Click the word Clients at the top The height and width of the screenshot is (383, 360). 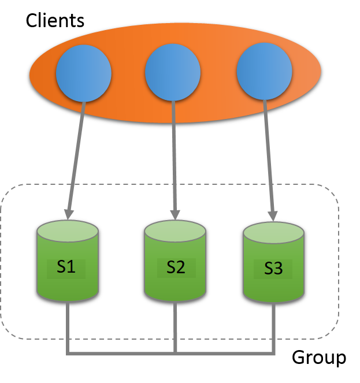coord(55,21)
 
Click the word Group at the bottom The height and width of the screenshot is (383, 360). coord(318,357)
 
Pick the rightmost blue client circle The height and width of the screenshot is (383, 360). coord(265,72)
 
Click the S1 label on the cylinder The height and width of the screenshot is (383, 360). coord(66,267)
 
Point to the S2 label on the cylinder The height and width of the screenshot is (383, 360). coord(175,267)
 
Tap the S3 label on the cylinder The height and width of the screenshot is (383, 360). coord(273,269)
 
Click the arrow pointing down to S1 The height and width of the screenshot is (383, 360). coord(77,156)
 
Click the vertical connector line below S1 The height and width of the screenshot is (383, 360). coord(68,326)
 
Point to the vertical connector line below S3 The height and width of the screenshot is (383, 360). coord(273,326)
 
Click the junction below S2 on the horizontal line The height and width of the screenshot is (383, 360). coord(175,351)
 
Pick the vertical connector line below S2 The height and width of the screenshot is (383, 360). coord(175,326)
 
